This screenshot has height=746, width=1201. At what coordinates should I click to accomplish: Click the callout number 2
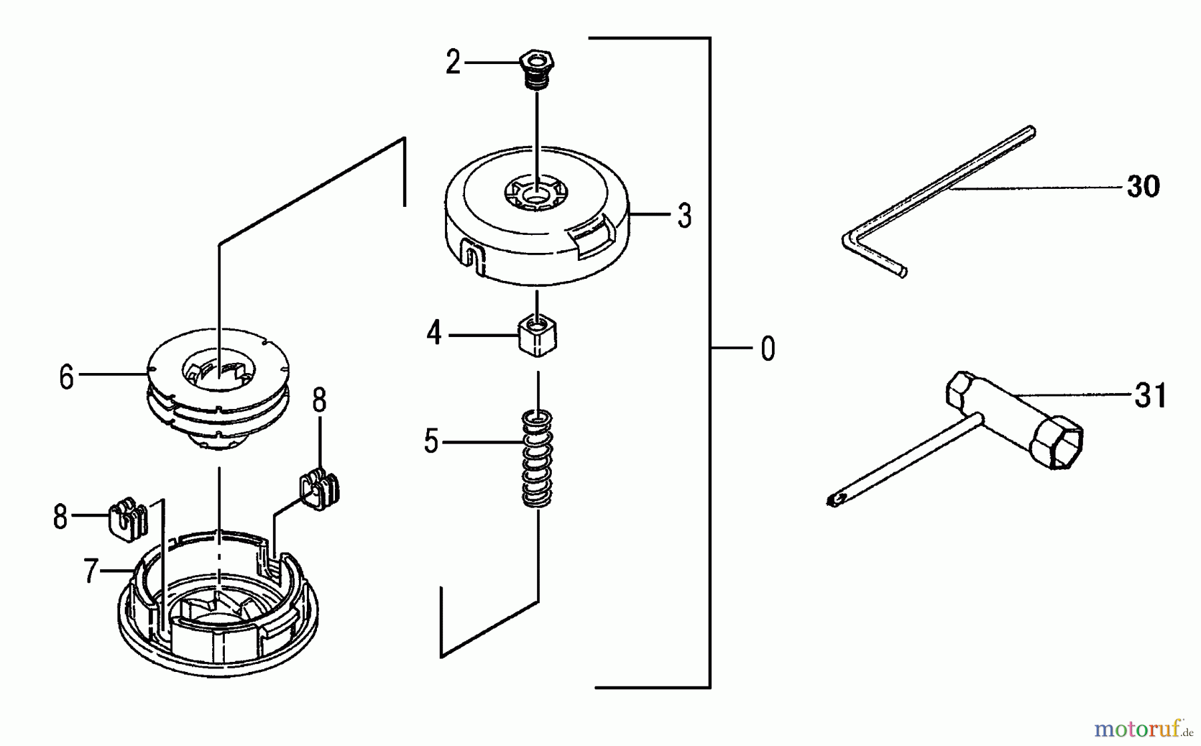tap(453, 63)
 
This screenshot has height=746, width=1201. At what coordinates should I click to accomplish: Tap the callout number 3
tap(684, 216)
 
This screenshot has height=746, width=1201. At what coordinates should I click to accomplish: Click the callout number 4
tap(434, 334)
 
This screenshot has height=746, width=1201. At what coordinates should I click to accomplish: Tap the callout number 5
tap(431, 442)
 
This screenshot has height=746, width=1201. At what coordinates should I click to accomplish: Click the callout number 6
tap(66, 378)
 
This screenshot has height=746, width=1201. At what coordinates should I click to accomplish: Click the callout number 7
tap(91, 571)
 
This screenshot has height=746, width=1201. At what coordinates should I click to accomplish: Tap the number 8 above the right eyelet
tap(320, 401)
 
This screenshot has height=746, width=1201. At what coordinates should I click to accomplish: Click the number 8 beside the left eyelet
tap(60, 517)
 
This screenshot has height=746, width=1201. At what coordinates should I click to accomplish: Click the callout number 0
tap(768, 349)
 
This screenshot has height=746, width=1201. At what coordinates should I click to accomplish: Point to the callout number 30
tap(1143, 187)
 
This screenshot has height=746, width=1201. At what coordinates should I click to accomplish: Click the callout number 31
tap(1150, 396)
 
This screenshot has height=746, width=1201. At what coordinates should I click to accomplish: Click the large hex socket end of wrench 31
tap(1058, 442)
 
